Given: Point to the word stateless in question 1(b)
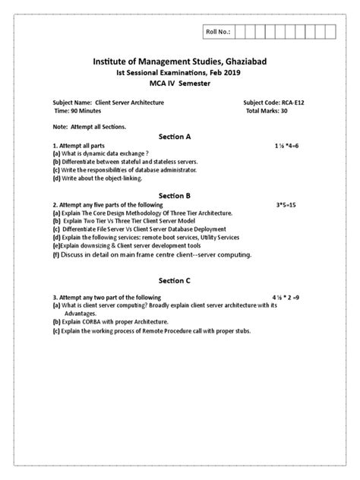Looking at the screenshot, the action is [x=168, y=161].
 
